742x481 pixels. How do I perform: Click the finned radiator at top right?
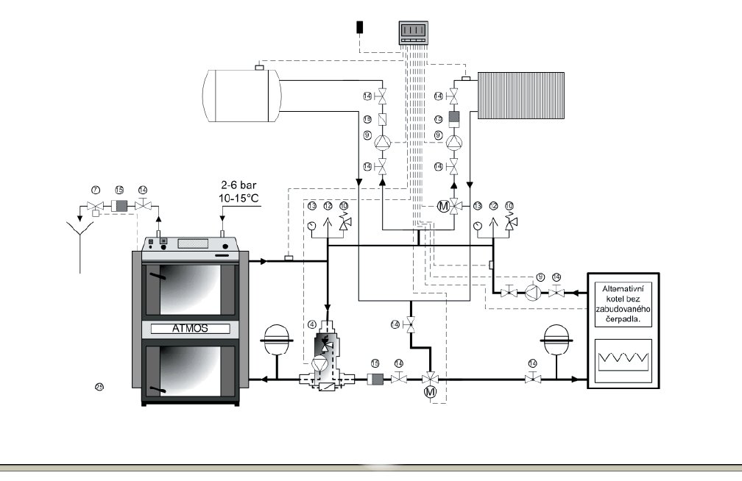click(x=520, y=95)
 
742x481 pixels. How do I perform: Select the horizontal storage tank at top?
click(x=242, y=95)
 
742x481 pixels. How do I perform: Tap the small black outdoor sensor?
click(x=360, y=27)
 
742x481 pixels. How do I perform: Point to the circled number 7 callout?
click(x=95, y=190)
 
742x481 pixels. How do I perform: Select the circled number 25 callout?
click(x=99, y=386)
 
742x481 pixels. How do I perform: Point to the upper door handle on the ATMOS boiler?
click(x=155, y=277)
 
